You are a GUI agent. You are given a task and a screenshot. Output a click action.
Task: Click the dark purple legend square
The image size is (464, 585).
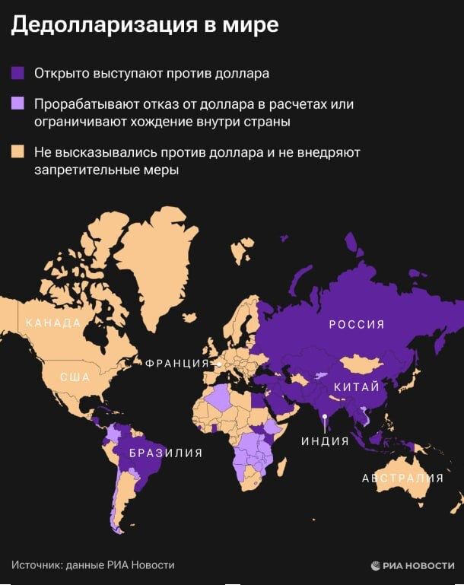(17, 74)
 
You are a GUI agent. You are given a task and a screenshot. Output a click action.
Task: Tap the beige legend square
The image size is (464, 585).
(17, 152)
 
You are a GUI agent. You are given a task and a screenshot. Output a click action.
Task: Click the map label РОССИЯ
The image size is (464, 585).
(356, 325)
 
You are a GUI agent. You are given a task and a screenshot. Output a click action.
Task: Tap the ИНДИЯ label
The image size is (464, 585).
(325, 440)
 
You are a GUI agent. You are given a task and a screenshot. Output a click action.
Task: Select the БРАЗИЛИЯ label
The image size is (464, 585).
(166, 453)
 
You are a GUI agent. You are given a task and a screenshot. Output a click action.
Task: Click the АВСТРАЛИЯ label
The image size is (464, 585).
(402, 478)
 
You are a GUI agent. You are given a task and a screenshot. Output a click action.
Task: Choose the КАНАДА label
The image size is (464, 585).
(53, 323)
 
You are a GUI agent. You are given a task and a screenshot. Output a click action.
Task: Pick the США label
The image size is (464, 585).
(75, 377)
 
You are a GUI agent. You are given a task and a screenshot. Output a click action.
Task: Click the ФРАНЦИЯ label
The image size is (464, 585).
(177, 364)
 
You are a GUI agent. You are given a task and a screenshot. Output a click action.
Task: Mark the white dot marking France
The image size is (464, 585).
(219, 364)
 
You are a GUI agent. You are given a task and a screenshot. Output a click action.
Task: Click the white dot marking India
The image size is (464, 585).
(325, 415)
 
